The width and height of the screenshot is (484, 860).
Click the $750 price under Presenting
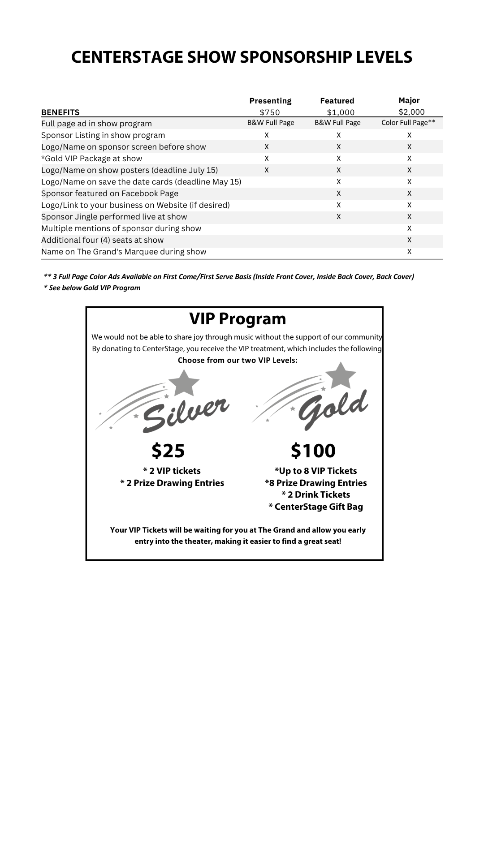(x=270, y=112)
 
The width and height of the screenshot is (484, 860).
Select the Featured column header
(x=337, y=101)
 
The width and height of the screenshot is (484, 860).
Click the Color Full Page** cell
(x=408, y=123)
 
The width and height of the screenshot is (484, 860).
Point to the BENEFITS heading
(x=60, y=112)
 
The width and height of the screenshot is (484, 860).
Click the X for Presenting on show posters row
(x=267, y=170)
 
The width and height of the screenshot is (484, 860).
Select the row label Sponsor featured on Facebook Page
(x=110, y=193)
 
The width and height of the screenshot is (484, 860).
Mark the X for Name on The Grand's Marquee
(x=409, y=252)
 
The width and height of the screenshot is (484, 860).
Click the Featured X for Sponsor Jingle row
(x=339, y=217)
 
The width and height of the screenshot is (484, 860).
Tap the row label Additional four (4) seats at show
(x=102, y=240)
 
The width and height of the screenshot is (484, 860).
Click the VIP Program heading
(x=238, y=319)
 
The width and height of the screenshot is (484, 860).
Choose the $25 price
(x=168, y=451)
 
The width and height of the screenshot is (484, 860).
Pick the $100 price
(x=313, y=451)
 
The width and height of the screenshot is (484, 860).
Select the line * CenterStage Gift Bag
(x=315, y=507)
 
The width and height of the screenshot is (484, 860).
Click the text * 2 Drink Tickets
(x=315, y=495)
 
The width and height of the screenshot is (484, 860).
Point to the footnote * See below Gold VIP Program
(x=92, y=288)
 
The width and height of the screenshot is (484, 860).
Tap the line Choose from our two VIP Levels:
(x=238, y=361)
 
